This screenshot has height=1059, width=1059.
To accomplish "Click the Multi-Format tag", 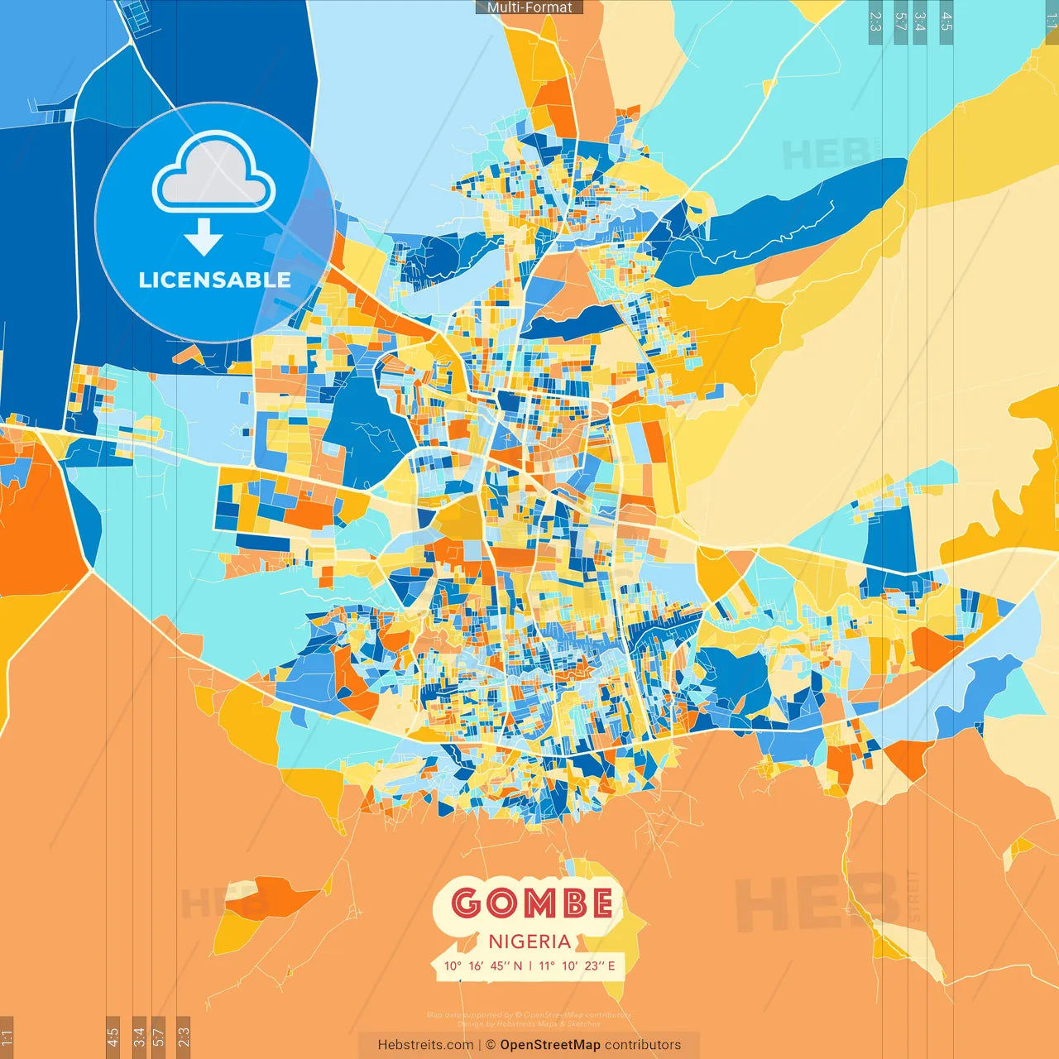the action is point(529,7).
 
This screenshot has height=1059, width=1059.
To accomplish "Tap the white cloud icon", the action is point(213,172).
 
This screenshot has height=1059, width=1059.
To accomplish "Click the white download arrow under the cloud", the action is point(203,237).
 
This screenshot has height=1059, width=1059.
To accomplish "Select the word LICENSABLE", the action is point(214,280).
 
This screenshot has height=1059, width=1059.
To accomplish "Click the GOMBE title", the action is point(533,903).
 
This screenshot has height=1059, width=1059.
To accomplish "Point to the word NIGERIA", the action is point(529,942).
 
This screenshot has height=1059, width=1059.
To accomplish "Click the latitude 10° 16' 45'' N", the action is point(483,966).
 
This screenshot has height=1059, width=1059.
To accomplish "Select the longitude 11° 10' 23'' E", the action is point(577,966).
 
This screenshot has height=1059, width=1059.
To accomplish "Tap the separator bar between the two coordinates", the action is point(530,966).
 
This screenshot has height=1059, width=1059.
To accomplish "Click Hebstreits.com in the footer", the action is point(425,1045).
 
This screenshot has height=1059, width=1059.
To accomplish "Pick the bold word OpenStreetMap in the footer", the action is point(550,1045).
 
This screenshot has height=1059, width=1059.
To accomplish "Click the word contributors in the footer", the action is point(643,1045).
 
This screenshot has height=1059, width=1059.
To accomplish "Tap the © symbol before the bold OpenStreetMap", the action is point(491,1045).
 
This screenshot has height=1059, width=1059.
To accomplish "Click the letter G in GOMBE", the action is point(467,903).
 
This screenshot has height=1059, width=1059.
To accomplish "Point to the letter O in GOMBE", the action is point(499,903).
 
